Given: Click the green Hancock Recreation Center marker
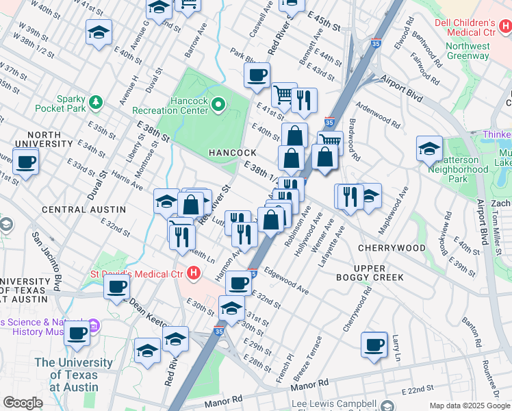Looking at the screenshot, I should [218, 105].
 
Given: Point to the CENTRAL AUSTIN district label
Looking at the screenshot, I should [84, 209].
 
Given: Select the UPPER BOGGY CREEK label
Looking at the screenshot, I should [379, 272].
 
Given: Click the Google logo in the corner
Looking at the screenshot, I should [23, 403].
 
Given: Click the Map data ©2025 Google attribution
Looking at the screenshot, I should [470, 406].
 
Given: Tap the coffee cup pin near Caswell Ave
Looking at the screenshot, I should [257, 75].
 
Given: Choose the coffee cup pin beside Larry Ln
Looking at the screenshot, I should [374, 345].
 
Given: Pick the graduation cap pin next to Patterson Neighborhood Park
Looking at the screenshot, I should [429, 149].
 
